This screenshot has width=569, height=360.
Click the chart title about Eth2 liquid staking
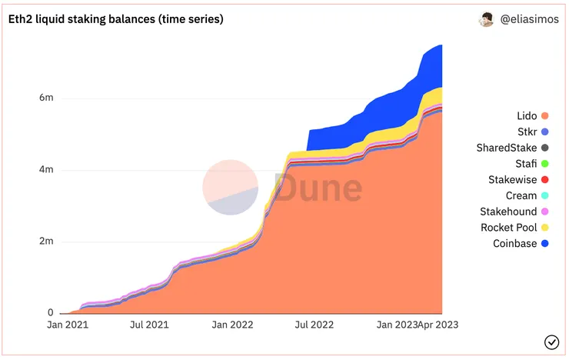coord(115,19)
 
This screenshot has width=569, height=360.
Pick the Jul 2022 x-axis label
coord(314,325)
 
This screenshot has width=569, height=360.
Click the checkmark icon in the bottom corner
coord(551,342)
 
